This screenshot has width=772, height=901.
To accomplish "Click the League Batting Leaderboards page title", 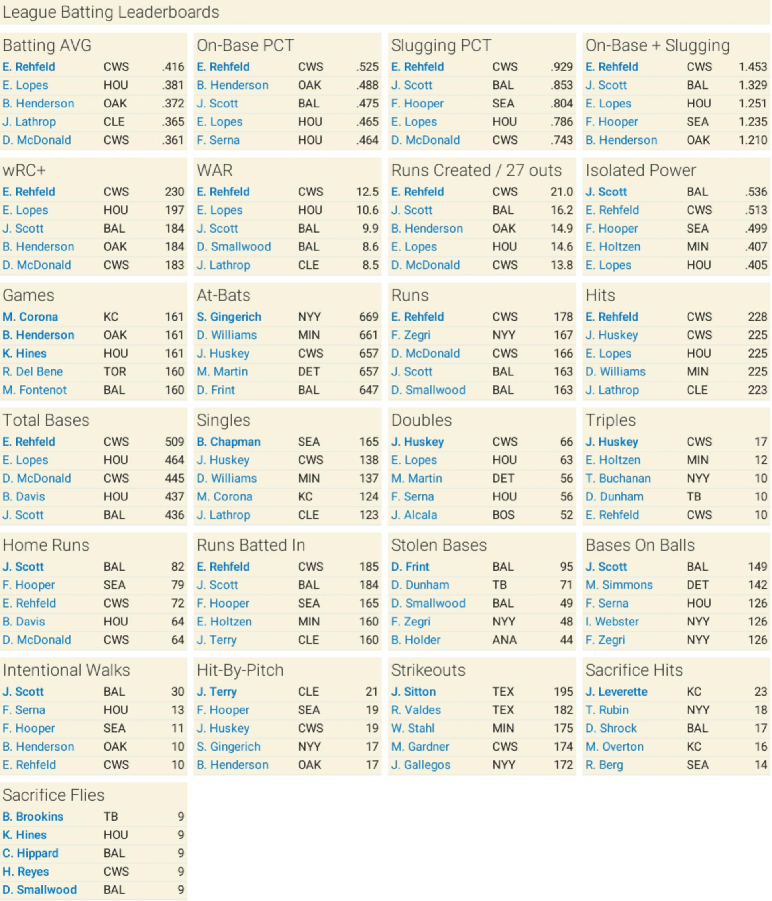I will pos(110,12).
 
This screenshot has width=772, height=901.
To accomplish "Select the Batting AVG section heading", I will pos(47,45).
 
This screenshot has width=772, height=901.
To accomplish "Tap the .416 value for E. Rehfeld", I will pos(173,67).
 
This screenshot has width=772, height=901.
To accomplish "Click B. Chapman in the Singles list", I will pos(228,442).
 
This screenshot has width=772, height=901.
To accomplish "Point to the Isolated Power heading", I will pos(640,170).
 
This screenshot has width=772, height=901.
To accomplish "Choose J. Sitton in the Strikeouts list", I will pos(413,692).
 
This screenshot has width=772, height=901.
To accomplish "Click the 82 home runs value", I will pos(177,567).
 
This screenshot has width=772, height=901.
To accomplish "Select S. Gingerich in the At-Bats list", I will pos(229,317).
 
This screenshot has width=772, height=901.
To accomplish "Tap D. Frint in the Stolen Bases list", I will pos(410,567).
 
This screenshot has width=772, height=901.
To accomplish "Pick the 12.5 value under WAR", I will pos(367,192).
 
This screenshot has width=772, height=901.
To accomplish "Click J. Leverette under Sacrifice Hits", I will pos(616,692).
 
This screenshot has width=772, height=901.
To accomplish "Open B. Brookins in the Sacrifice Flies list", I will pos(33,817).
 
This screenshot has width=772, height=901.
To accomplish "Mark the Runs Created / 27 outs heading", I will pos(476,170).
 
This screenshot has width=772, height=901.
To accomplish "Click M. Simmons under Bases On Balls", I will pos(619,585).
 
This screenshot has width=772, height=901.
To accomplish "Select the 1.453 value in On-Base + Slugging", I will pos(752,67).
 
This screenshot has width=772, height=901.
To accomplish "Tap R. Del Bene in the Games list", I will pos(33,372).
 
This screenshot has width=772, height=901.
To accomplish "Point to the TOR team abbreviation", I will pos(115,372).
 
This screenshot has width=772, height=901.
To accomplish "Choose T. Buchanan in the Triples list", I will pos(618,478).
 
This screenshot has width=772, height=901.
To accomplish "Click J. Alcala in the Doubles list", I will pos(414,515).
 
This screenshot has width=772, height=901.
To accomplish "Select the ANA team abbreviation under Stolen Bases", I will pos(504,640).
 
